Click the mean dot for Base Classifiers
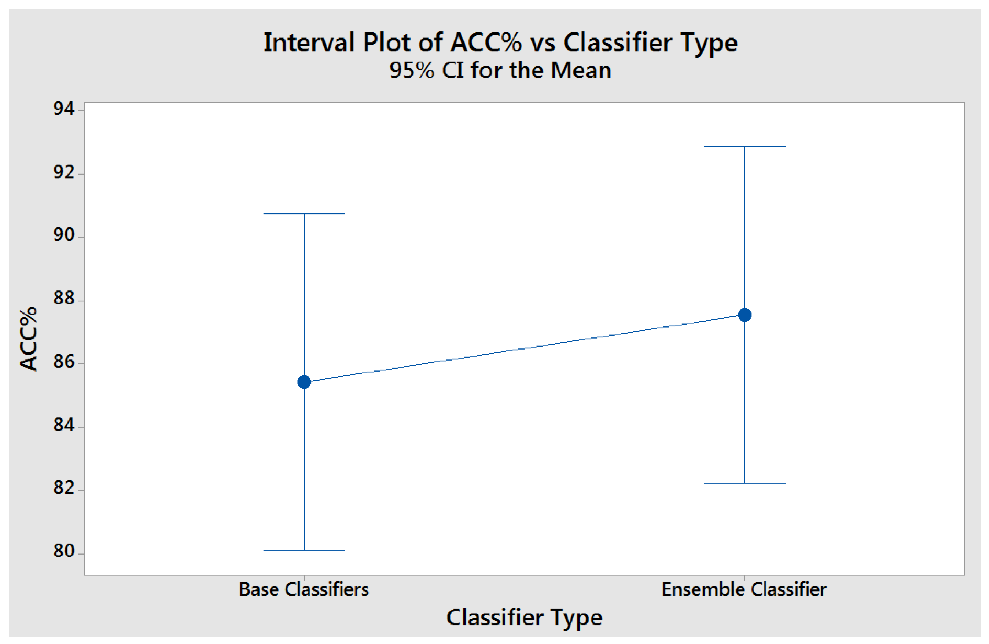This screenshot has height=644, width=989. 304,382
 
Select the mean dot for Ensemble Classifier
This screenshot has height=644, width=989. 744,315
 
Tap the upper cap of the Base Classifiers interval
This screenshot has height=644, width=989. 304,214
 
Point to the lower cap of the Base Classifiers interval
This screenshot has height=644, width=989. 304,550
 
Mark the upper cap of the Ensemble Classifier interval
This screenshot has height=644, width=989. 744,147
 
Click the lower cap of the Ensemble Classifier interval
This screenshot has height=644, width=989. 744,483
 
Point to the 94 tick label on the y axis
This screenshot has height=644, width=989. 63,109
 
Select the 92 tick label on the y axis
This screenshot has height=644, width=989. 63,172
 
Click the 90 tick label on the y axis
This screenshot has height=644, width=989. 63,235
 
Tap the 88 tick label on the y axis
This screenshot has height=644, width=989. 63,299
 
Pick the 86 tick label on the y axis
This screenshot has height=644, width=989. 63,362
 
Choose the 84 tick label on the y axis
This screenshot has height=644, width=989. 63,425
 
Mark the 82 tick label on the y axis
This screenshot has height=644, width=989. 63,488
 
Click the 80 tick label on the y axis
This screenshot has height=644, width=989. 63,551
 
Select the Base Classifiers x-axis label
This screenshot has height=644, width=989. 304,589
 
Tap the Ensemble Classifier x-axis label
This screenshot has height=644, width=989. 744,589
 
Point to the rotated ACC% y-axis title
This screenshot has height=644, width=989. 28,339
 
